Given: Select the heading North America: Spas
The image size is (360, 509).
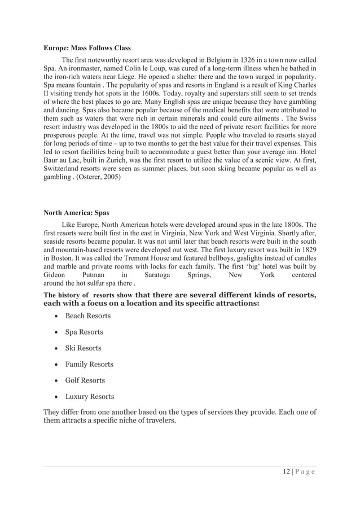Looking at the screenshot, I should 77,213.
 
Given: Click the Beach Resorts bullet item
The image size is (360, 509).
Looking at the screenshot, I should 87,316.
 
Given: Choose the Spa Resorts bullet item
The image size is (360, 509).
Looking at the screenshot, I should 84,332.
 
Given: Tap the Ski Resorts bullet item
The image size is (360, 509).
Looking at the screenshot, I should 83,348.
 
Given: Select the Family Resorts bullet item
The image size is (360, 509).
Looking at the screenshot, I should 89,365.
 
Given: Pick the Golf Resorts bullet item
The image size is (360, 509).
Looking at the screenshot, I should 85,380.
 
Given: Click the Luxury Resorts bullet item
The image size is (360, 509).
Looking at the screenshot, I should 90,397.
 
